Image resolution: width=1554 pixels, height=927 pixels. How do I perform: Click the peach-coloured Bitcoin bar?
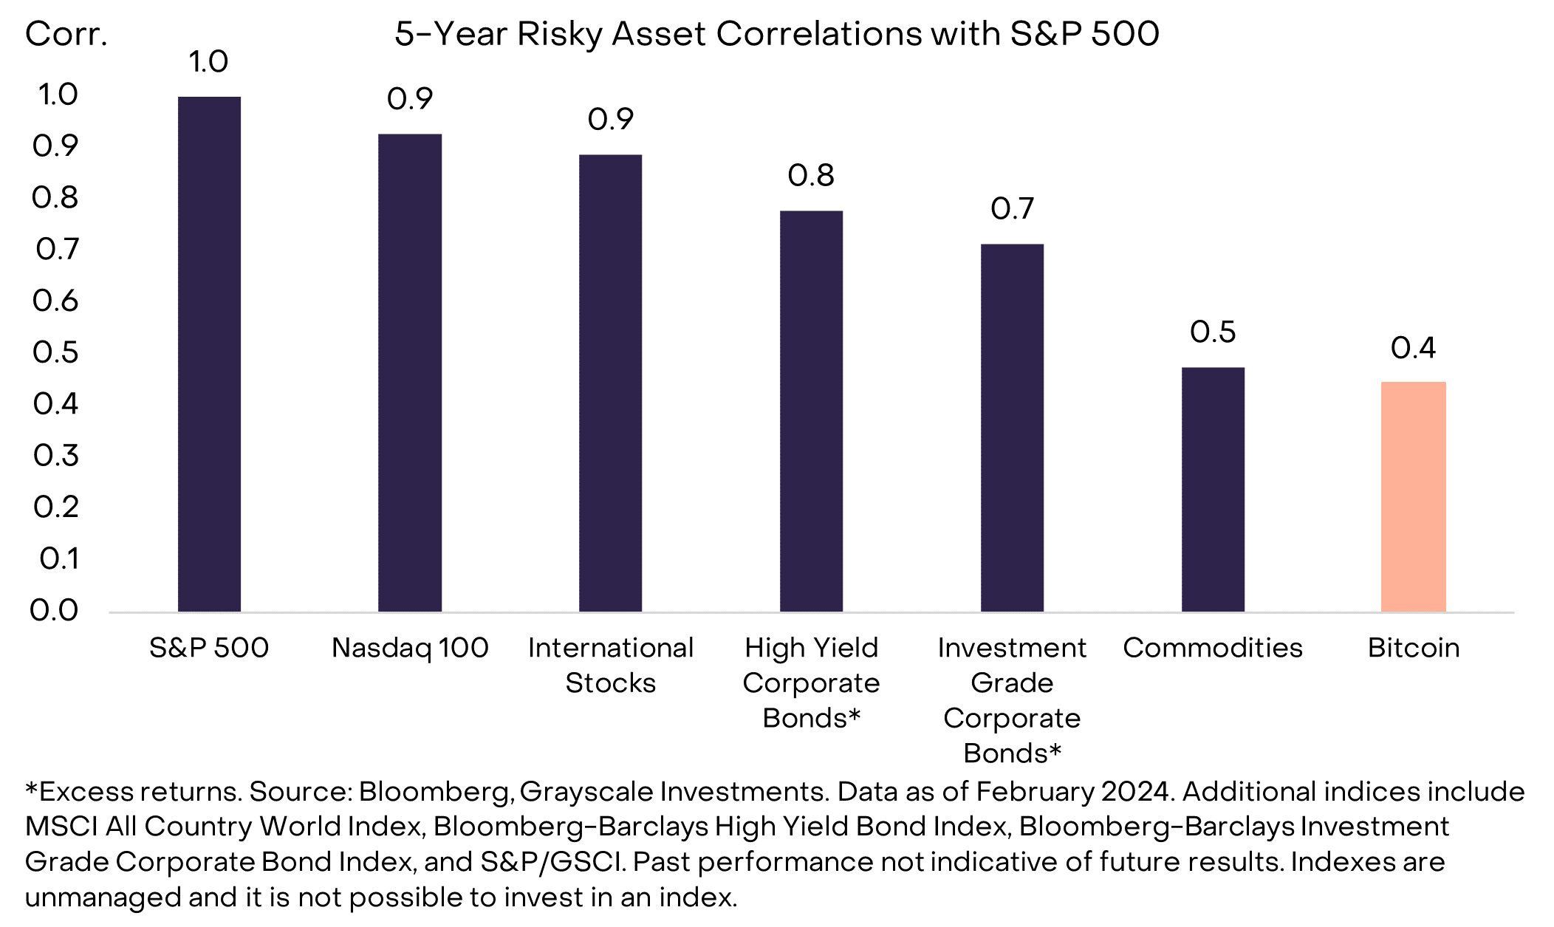[x=1413, y=496]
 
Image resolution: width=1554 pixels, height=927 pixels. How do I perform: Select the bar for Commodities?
[x=1213, y=489]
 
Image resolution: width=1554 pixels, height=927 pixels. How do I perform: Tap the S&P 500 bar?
[x=209, y=354]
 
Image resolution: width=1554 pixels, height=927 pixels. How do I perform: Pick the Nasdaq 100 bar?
[x=410, y=372]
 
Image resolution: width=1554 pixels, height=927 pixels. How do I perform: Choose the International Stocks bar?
[x=610, y=383]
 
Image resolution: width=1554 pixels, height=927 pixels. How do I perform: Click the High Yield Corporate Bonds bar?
[x=811, y=411]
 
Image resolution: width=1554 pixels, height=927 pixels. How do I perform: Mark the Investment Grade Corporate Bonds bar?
[x=1012, y=428]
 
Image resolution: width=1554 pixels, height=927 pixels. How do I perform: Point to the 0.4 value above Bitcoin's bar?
[x=1413, y=348]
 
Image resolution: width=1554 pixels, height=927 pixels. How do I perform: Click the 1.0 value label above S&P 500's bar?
[x=208, y=61]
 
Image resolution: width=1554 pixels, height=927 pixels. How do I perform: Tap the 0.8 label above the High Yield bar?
[x=811, y=175]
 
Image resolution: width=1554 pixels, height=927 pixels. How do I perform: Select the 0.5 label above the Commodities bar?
[x=1213, y=332]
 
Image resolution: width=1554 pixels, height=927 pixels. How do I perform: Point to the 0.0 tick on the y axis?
[x=54, y=610]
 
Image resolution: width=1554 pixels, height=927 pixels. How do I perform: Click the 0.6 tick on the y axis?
[x=55, y=301]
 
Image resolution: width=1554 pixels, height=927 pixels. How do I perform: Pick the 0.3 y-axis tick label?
[x=55, y=455]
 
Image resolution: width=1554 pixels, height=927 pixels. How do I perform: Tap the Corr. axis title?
[x=66, y=34]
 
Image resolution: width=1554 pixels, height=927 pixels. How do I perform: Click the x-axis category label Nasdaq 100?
[x=410, y=648]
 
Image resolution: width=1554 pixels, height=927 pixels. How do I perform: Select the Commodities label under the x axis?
[x=1213, y=648]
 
